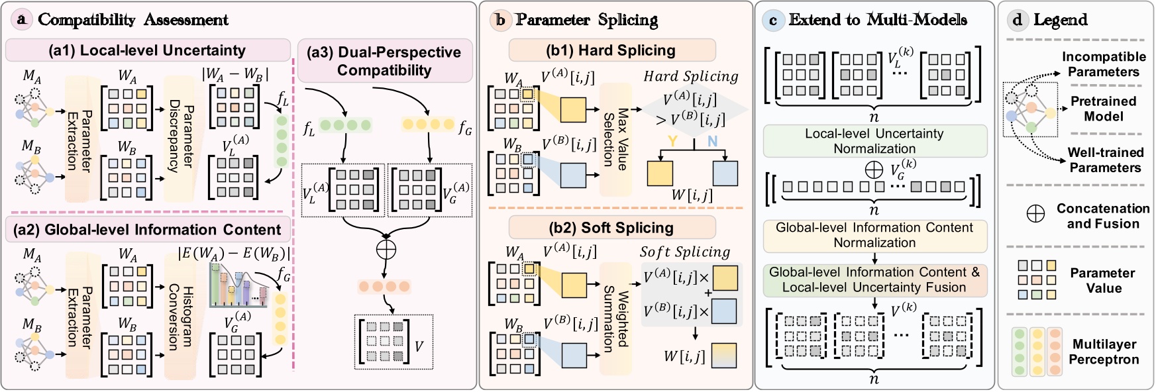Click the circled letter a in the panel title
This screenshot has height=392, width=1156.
(x=22, y=20)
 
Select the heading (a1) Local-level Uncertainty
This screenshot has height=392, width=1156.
(x=147, y=50)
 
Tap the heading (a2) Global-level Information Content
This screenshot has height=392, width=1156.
(x=147, y=230)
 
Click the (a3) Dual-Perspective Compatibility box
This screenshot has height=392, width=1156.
(x=384, y=61)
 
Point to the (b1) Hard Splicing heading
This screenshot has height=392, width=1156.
(x=611, y=50)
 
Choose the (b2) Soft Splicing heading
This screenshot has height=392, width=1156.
(x=611, y=228)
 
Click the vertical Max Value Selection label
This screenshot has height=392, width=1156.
(x=615, y=139)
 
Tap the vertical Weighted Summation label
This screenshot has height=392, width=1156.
(x=615, y=318)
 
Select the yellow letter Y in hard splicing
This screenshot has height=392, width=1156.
(x=672, y=141)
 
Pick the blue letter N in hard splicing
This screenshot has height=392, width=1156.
(x=712, y=141)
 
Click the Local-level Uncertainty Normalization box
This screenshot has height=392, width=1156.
(x=874, y=141)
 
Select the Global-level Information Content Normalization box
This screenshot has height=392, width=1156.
(x=874, y=235)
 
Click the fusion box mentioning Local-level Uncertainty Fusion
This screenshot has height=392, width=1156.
(x=874, y=280)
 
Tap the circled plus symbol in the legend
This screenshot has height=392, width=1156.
(x=1035, y=213)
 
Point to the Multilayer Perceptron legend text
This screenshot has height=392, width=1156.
(x=1104, y=352)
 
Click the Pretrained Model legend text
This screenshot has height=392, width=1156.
(x=1103, y=109)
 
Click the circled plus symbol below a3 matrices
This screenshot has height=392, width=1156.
(x=386, y=250)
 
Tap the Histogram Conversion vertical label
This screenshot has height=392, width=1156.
(x=180, y=318)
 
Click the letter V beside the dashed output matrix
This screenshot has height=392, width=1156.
(x=419, y=346)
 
